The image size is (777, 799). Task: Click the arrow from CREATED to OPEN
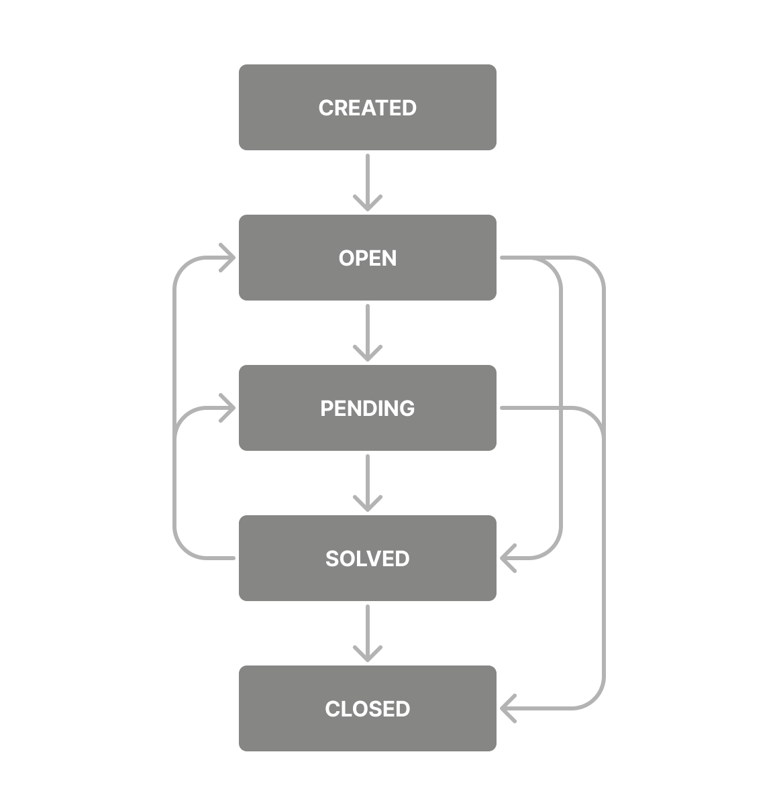[x=367, y=181]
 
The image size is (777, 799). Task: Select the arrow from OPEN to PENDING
[x=367, y=331]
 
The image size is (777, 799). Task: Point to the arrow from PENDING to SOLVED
[x=367, y=482]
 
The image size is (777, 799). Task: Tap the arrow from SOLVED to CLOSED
[x=367, y=632]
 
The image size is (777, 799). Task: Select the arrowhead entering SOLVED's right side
[x=507, y=558]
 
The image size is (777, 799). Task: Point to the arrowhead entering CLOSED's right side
[x=507, y=708]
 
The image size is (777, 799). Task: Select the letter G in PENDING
[x=407, y=409]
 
